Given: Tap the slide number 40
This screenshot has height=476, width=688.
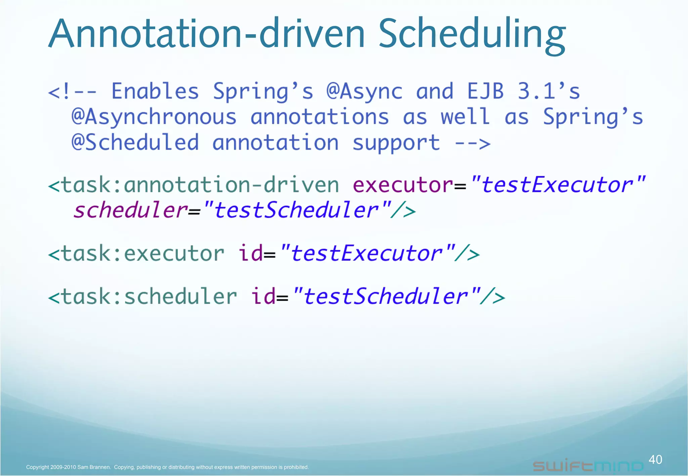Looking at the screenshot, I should point(655,459).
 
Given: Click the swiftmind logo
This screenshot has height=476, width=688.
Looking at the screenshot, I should point(588,466).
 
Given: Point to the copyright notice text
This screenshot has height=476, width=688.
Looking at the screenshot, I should point(167,467).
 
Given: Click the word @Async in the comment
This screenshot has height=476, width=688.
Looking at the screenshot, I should point(364,91).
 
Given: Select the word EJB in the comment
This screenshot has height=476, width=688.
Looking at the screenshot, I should point(485,91).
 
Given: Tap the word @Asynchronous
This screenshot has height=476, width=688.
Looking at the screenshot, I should point(154,117).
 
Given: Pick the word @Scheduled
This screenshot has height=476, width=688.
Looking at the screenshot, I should point(135,143).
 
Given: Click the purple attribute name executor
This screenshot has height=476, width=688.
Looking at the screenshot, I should point(403,185).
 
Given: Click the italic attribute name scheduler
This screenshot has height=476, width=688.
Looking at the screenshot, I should point(130,210).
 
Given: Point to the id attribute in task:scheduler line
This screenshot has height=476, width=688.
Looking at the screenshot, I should point(263,297).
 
